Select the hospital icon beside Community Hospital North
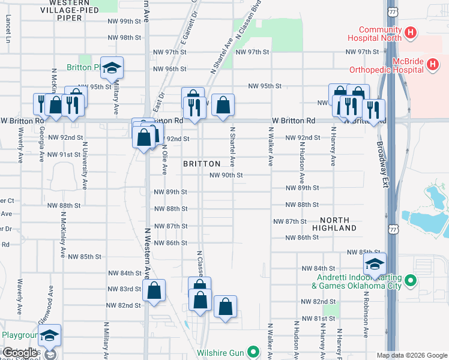pos(411,32)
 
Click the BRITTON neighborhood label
pos(201,163)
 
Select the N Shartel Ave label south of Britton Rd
pos(232,146)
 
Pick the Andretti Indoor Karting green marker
pos(411,280)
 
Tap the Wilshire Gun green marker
pos(254,353)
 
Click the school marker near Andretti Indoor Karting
pos(375,264)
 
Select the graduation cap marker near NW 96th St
pos(112,68)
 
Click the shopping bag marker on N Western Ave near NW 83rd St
pos(154,291)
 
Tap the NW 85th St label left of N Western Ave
pos(85,257)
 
